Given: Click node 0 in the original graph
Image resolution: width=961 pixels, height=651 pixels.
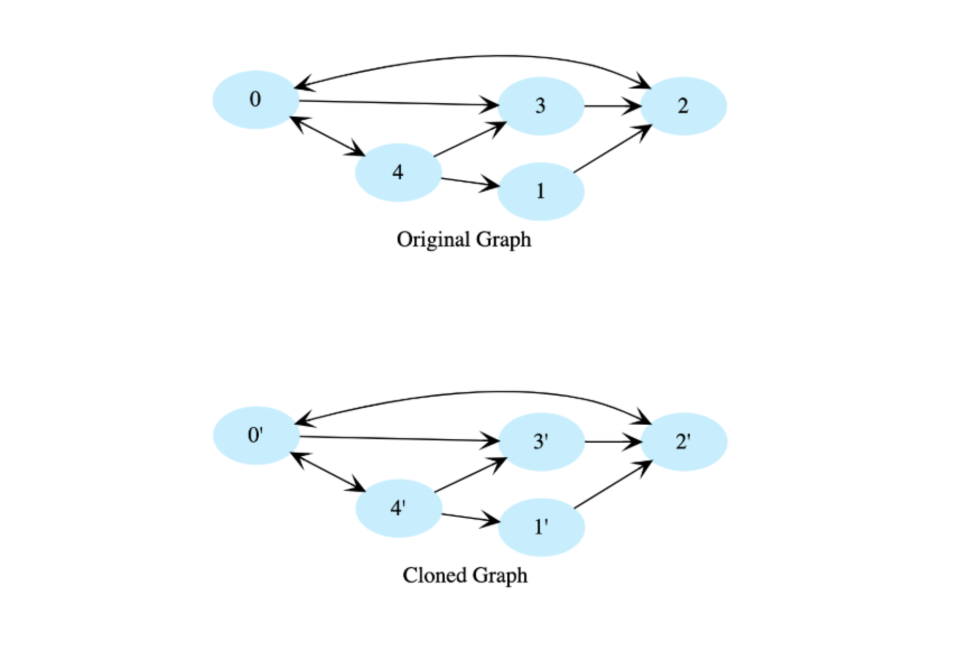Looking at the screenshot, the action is pyautogui.click(x=255, y=100).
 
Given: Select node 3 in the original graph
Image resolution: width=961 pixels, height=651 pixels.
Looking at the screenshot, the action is pyautogui.click(x=541, y=106).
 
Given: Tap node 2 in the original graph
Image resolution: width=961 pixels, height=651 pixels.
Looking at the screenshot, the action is pyautogui.click(x=683, y=106).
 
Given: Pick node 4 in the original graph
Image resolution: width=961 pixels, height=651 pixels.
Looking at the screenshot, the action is pyautogui.click(x=398, y=172).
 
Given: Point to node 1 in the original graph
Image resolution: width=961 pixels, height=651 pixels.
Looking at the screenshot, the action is pyautogui.click(x=541, y=192).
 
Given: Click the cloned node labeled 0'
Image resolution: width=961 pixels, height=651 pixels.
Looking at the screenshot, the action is pyautogui.click(x=256, y=435).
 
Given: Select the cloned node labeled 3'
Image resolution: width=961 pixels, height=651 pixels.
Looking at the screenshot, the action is pyautogui.click(x=542, y=441).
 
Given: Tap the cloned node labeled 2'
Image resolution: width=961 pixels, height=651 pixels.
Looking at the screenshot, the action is pyautogui.click(x=684, y=441).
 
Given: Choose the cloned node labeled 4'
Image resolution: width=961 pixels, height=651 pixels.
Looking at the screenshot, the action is pyautogui.click(x=399, y=508).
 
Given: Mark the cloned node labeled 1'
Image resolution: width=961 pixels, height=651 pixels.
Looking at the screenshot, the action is pyautogui.click(x=542, y=527).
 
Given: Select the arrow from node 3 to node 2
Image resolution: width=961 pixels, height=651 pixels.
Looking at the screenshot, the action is pyautogui.click(x=613, y=106).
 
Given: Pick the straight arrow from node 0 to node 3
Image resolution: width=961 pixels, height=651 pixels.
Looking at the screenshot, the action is pyautogui.click(x=399, y=103).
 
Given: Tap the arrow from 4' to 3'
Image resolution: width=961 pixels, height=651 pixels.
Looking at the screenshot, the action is pyautogui.click(x=470, y=475).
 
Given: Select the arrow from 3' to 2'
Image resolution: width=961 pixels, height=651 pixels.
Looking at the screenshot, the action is pyautogui.click(x=613, y=441).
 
